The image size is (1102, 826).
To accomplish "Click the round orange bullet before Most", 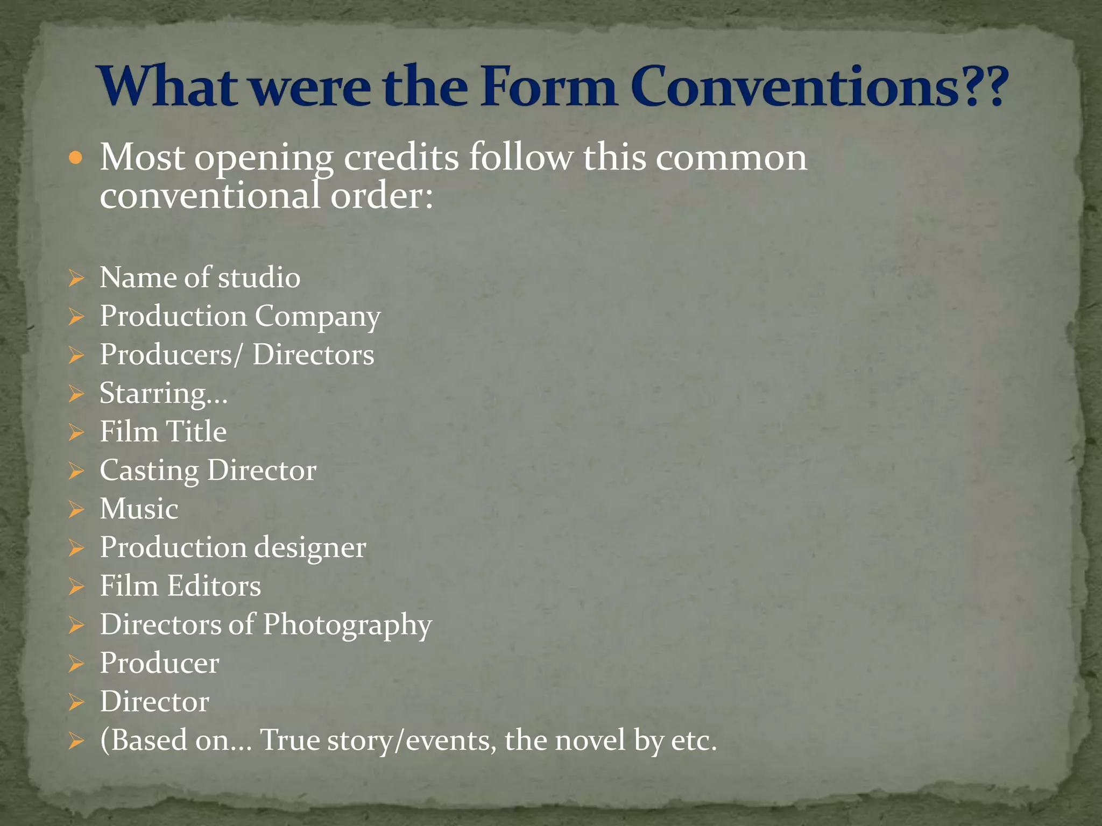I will tap(76, 158).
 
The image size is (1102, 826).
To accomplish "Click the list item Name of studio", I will tap(200, 277).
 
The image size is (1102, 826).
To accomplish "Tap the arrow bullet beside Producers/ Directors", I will tap(76, 355).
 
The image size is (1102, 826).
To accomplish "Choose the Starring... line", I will tap(164, 393).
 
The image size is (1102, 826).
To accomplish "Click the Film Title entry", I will tap(163, 432).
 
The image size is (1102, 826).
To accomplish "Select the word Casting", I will tap(149, 471).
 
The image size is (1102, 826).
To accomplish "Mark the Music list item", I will tap(139, 509).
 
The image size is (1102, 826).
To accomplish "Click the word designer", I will tap(310, 547).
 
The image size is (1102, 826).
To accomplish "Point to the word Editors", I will tap(214, 586).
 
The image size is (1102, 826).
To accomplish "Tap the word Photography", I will tap(347, 625).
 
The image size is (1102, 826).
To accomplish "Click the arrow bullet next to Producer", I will tap(76, 664).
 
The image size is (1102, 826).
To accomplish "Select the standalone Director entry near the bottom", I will tap(154, 702).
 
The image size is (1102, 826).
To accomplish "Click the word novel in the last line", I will tap(590, 740).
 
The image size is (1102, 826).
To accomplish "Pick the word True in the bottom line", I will tap(290, 740).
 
